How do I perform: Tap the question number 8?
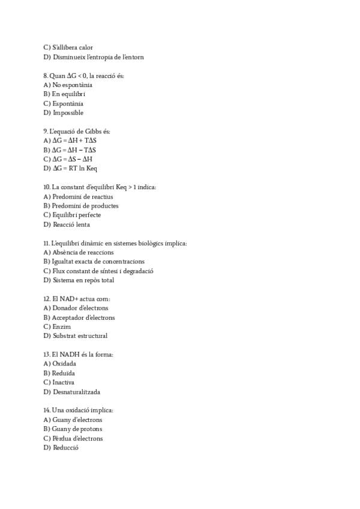[x=46, y=76]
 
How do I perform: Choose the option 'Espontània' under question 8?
[x=68, y=103]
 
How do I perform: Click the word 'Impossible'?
[x=68, y=113]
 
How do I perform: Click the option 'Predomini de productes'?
[x=85, y=206]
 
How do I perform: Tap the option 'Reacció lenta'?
[x=71, y=224]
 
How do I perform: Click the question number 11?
[x=46, y=243]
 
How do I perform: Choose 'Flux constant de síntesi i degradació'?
[x=103, y=271]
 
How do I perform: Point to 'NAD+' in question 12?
[x=68, y=299]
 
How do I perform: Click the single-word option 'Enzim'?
[x=61, y=327]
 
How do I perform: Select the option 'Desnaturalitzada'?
[x=76, y=392]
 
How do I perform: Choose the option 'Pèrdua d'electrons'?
[x=77, y=438]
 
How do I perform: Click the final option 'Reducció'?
[x=65, y=448]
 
